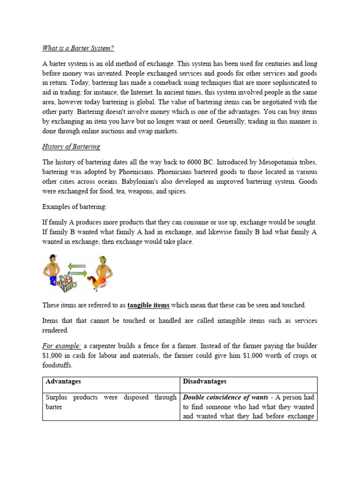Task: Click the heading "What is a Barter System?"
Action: point(78,48)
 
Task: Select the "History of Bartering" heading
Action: point(71,147)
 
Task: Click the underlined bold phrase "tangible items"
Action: point(148,305)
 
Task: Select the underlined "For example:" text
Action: point(62,346)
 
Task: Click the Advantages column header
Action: point(63,382)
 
